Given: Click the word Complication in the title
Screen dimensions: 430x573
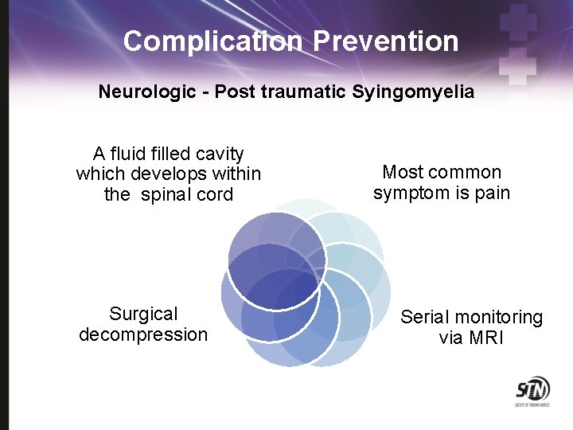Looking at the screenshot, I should pyautogui.click(x=212, y=41).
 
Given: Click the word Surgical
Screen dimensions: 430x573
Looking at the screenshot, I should pyautogui.click(x=143, y=314).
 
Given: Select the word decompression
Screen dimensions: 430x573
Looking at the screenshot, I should pyautogui.click(x=143, y=334).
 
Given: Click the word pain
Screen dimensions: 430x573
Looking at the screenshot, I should pyautogui.click(x=492, y=193).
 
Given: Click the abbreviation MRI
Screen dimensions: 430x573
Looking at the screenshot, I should pyautogui.click(x=486, y=338).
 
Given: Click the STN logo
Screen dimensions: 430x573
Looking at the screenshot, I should pyautogui.click(x=532, y=392).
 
